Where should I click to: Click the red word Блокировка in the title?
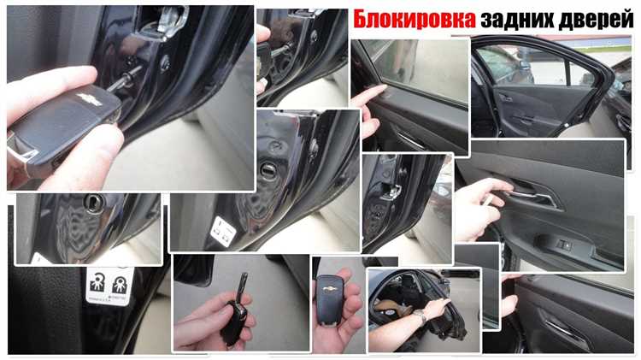(413, 19)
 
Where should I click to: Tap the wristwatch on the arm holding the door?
(420, 317)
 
